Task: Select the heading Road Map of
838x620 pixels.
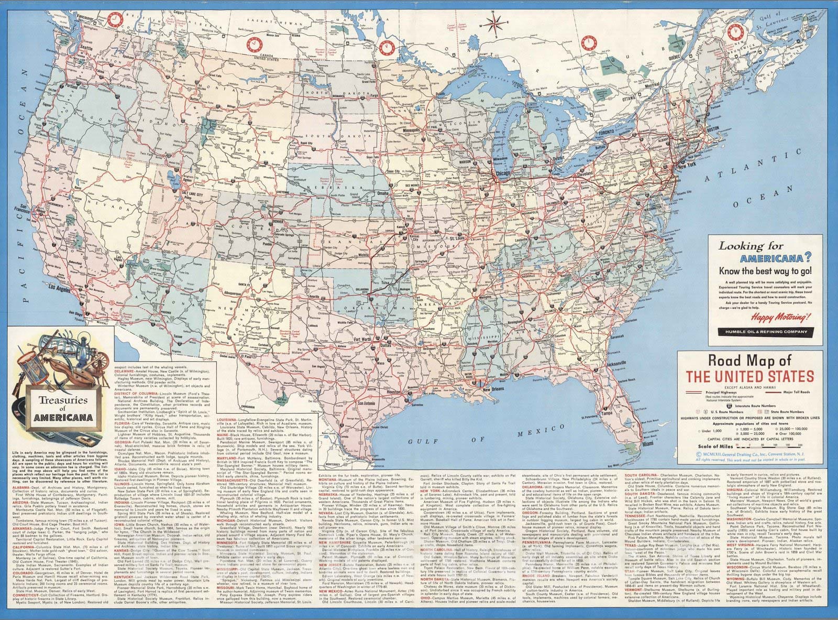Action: point(749,361)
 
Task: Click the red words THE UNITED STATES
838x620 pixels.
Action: point(749,376)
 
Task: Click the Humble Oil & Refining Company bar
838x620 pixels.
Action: point(762,332)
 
